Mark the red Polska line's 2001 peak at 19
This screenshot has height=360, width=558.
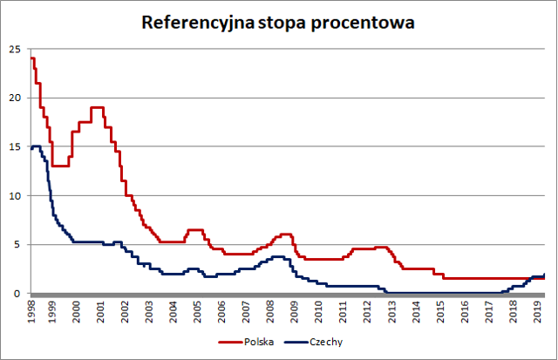97,107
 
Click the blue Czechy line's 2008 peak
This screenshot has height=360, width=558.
278,256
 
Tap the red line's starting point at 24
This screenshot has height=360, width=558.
31,58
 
